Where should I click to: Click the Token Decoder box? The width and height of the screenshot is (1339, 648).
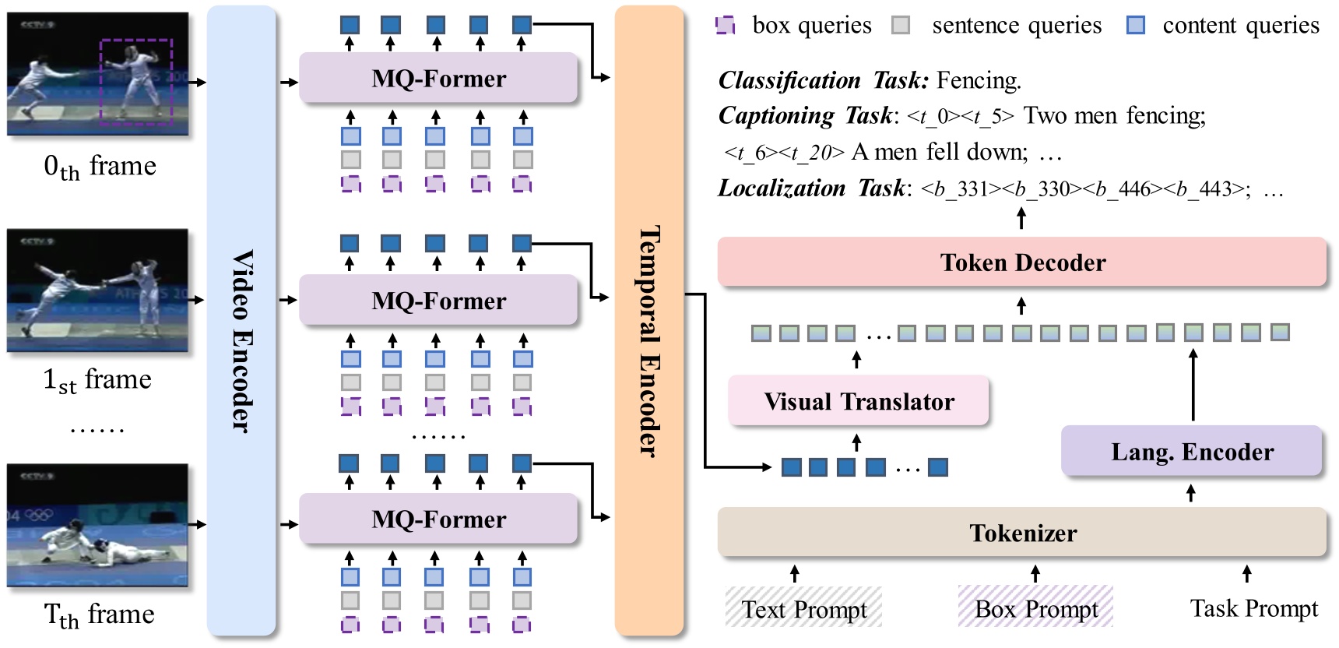[x=1021, y=262]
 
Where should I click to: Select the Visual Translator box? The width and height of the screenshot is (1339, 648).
[x=858, y=401]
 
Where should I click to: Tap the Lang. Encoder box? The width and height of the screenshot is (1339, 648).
[x=1191, y=452]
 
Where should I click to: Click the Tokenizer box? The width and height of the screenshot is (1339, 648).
[x=1021, y=533]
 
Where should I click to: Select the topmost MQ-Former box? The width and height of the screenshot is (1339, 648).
[x=438, y=79]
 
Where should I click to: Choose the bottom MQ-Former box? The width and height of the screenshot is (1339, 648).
[x=438, y=519]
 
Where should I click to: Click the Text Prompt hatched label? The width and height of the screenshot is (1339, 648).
[x=803, y=608]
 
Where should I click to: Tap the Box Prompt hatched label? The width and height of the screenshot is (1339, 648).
[x=1035, y=608]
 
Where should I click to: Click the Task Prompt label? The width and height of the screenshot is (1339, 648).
[x=1253, y=608]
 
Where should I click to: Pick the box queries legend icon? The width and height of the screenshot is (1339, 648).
[x=725, y=26]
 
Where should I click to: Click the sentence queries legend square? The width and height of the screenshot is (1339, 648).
[x=901, y=26]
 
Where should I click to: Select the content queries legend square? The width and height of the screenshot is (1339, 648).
[x=1136, y=26]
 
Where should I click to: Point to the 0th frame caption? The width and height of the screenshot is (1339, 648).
[x=100, y=166]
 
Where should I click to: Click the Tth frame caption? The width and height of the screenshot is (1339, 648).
[x=100, y=615]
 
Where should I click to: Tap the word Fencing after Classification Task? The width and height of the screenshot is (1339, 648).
[x=978, y=80]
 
